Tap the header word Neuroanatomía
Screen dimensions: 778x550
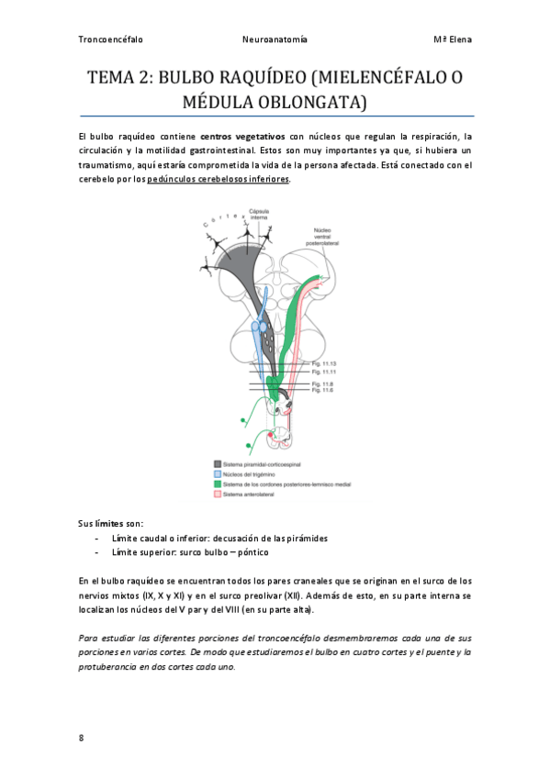[x=274, y=40]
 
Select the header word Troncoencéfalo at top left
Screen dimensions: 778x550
[x=111, y=40]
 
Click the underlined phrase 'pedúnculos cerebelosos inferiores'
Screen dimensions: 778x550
[x=218, y=180]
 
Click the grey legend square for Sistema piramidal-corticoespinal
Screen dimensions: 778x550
[x=218, y=464]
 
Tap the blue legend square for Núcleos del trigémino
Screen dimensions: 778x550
[x=218, y=473]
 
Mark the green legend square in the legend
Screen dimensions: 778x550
[x=218, y=483]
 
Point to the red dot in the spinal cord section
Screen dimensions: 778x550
[x=270, y=435]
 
